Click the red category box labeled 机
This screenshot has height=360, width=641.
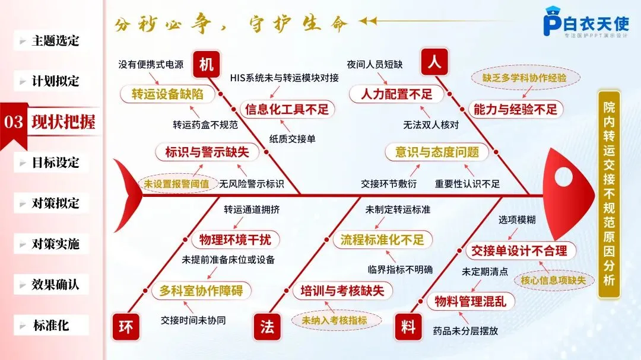click(x=206, y=65)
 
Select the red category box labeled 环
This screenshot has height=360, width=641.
click(x=126, y=327)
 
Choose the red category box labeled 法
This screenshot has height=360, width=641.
click(x=266, y=327)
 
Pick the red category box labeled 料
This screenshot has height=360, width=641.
click(x=408, y=327)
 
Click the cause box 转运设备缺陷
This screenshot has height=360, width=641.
click(x=167, y=94)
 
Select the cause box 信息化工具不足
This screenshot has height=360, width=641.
click(x=287, y=109)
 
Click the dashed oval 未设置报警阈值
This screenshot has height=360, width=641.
click(x=176, y=184)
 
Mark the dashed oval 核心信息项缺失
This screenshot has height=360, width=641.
click(x=553, y=280)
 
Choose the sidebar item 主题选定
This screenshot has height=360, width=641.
click(x=55, y=41)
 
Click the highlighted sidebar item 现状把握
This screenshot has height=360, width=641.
click(x=63, y=122)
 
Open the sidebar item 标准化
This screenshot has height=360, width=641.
click(x=51, y=325)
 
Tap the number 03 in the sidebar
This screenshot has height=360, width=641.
click(x=14, y=123)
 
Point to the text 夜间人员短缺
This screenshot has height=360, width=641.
click(x=375, y=64)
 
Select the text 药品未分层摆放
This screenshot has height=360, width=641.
click(x=465, y=331)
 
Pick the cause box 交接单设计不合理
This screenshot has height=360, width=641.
click(x=519, y=250)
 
